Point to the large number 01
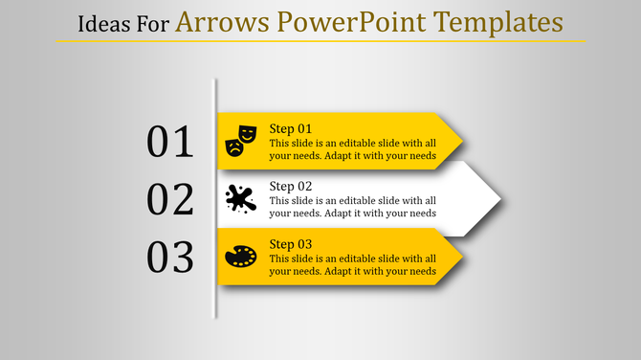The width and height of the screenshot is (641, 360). [x=170, y=142]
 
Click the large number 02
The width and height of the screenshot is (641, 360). [x=170, y=199]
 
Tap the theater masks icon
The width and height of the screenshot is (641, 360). [x=240, y=141]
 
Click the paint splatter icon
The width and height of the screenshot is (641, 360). [x=240, y=199]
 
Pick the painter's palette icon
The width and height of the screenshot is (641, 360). [x=240, y=257]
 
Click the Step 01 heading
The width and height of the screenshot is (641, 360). [x=291, y=129]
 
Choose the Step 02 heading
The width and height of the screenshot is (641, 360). [x=291, y=187]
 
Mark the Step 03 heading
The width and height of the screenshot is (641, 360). [x=291, y=244]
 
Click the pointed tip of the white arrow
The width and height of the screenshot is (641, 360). [x=498, y=199]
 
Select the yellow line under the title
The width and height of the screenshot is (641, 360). [x=320, y=41]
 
